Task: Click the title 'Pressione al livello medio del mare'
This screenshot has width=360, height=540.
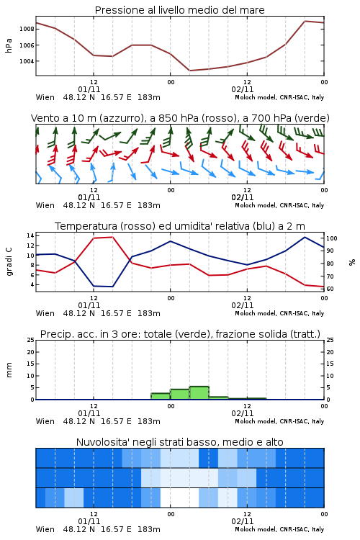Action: [179, 10]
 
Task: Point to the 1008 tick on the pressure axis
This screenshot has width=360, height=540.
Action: [27, 29]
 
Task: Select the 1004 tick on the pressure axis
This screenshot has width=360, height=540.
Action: [27, 61]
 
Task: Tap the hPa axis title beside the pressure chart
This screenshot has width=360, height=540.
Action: [9, 45]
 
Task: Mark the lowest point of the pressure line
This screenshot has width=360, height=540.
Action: [189, 71]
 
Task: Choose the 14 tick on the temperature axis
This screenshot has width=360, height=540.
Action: [30, 235]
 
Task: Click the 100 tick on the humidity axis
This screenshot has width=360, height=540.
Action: [332, 238]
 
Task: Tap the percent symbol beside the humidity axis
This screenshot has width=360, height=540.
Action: [352, 262]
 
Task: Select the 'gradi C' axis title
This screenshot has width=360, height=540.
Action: [9, 262]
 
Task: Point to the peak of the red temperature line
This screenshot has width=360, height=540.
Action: [112, 237]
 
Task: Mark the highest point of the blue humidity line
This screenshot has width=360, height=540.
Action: [305, 237]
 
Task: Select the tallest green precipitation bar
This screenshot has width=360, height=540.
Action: [199, 393]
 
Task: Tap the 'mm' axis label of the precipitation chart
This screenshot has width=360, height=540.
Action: [9, 370]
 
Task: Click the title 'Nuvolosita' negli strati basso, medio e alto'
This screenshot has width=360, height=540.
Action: [180, 442]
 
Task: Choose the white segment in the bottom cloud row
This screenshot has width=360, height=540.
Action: [179, 498]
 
